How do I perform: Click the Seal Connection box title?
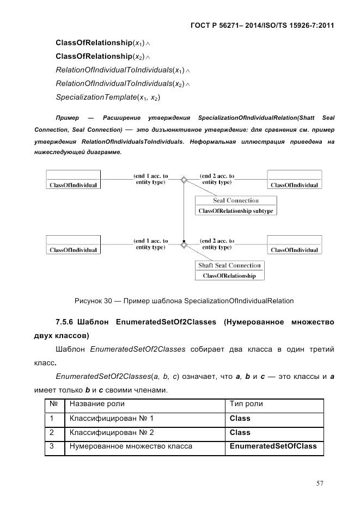point(235,201)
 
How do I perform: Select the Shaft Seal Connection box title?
point(229,266)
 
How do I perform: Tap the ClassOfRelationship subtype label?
point(235,211)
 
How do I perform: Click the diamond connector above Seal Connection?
point(184,180)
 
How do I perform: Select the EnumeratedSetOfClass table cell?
point(273,446)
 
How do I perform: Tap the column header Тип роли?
point(246,404)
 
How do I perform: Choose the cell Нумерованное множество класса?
point(131,446)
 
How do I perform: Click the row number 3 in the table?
point(51,446)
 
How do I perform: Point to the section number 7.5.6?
point(66,323)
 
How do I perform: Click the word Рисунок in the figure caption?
point(89,301)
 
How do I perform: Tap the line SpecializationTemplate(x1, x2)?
point(108,97)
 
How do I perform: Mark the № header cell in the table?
point(53,404)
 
